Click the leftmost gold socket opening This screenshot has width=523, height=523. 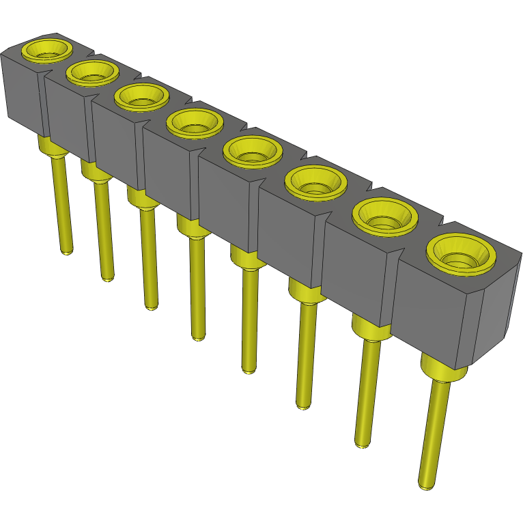[x=46, y=51]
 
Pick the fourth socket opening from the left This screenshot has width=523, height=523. [x=195, y=124]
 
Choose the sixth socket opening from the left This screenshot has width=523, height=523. [x=315, y=182]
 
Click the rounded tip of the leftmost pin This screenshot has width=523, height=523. [x=66, y=251]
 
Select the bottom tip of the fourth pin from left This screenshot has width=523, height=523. [x=197, y=337]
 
